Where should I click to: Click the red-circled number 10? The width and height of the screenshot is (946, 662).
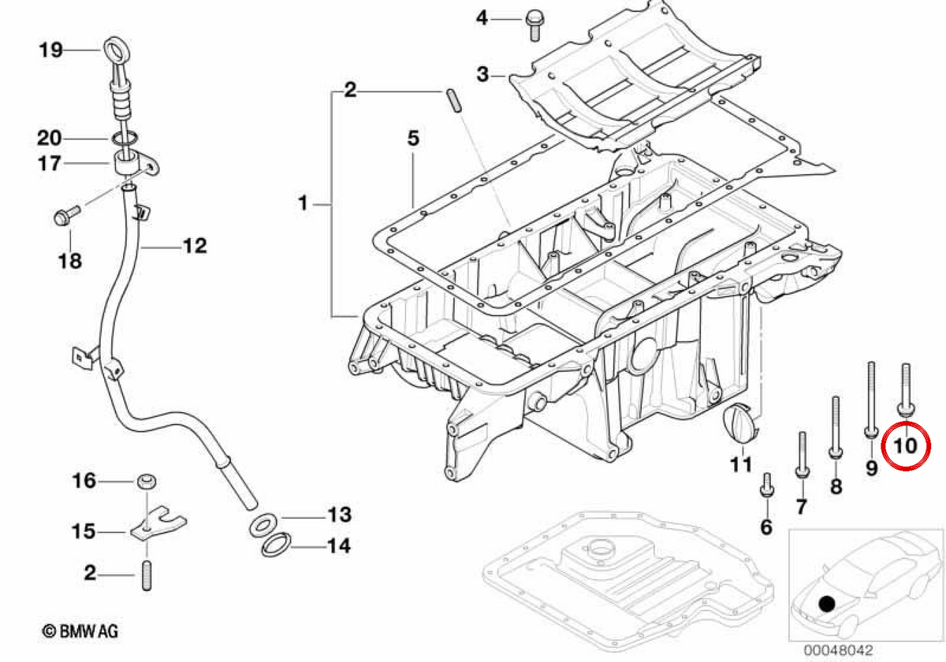click(905, 446)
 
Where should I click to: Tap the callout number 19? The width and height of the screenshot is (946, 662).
click(50, 50)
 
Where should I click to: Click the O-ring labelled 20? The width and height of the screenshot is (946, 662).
click(125, 138)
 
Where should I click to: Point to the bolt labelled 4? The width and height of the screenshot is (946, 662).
click(534, 24)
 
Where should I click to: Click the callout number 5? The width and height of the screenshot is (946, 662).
click(413, 138)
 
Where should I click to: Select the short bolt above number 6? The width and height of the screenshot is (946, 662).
click(767, 490)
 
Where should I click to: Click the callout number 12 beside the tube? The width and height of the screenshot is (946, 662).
click(196, 246)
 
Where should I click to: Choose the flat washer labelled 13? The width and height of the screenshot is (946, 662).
click(263, 526)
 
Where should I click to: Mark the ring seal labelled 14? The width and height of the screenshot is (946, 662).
click(276, 545)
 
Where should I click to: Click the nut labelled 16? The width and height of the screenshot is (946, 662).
click(146, 482)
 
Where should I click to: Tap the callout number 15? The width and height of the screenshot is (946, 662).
click(84, 531)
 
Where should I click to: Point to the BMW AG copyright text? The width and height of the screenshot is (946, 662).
click(80, 631)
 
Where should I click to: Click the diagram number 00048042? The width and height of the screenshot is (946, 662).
click(838, 650)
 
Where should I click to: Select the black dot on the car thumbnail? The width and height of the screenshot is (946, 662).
click(826, 604)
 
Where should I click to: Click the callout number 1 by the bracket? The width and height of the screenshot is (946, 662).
click(303, 203)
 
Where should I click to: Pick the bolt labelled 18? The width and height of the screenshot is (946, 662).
click(67, 215)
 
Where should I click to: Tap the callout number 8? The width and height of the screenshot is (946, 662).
click(836, 486)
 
